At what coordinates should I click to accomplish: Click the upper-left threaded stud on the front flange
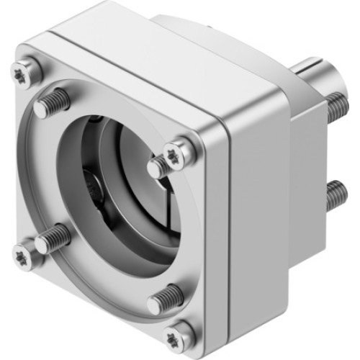pyautogui.click(x=53, y=102)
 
